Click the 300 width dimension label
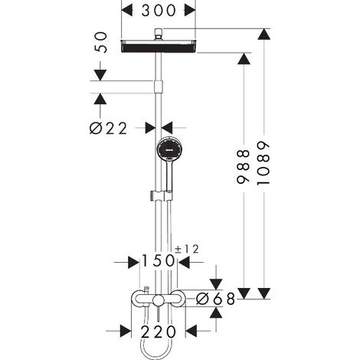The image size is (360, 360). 159,11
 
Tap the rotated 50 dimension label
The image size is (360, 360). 101,42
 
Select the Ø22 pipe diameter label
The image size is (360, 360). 108,128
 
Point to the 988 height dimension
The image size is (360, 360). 243,166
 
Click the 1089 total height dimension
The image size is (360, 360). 263,163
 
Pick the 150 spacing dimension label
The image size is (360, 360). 158,261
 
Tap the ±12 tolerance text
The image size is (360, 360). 186,249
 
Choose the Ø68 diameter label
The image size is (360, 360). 215,299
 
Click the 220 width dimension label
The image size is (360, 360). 159,332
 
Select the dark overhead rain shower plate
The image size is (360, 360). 159,46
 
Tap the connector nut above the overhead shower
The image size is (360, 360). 159,34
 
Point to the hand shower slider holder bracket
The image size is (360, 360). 162,195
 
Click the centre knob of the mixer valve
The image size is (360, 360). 159,299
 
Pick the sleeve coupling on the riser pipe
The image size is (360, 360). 159,87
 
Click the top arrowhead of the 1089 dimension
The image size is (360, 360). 264,34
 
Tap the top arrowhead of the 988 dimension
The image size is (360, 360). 244,59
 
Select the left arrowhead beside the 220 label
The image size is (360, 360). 125,331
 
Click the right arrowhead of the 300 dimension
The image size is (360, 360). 190,11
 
